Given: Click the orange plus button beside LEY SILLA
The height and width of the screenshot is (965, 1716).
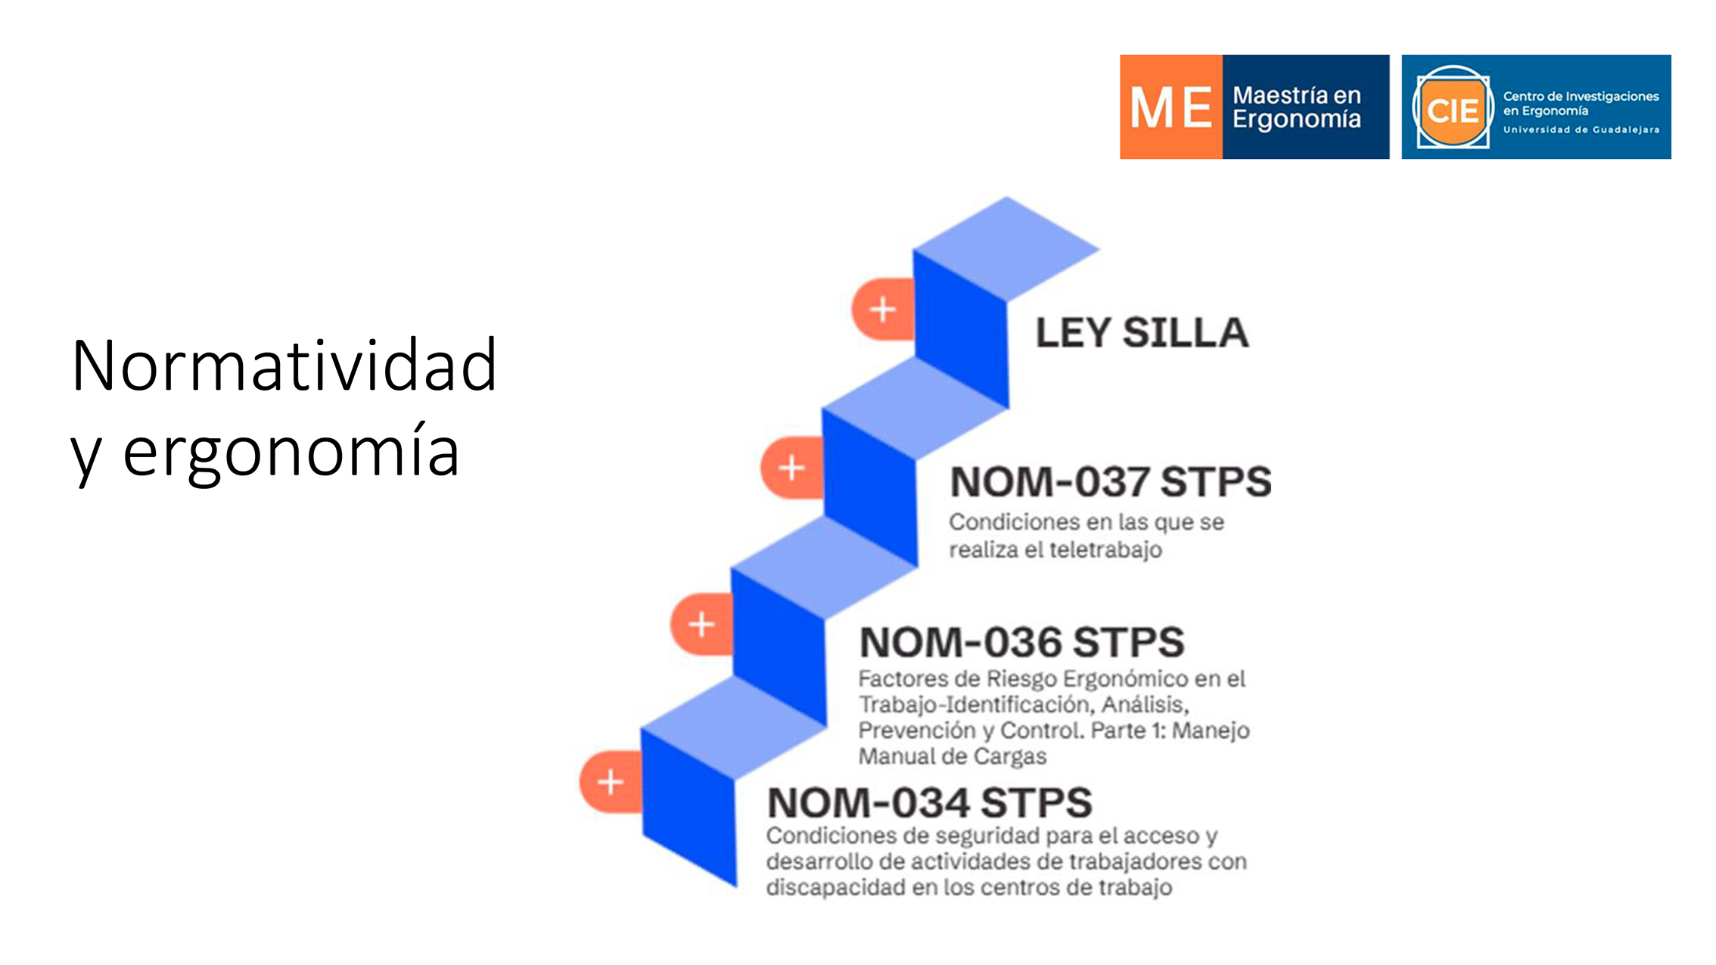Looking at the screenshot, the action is [x=883, y=310].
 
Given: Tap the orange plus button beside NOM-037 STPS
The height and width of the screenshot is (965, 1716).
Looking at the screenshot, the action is [x=792, y=468].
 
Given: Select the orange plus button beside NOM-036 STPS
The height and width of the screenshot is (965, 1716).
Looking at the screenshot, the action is [x=701, y=624].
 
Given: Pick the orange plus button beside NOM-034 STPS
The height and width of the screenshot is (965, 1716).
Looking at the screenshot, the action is [x=611, y=782].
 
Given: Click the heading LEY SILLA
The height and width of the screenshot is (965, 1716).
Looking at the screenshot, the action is [x=1142, y=333].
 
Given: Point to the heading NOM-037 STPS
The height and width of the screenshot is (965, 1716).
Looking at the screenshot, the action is [x=1111, y=482].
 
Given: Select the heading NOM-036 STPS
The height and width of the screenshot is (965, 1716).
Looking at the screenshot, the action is [x=1021, y=643].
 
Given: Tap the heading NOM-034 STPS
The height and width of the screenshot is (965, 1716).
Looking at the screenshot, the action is [x=930, y=803].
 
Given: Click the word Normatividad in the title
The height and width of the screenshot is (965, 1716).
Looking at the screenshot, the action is [x=284, y=366].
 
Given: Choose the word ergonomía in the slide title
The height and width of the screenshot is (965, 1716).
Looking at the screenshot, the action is [x=291, y=453].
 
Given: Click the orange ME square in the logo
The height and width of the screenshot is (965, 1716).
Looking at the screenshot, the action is [x=1171, y=107].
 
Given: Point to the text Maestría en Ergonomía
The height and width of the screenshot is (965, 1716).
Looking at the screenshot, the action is [x=1297, y=107].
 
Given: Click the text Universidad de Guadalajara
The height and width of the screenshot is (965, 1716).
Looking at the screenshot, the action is [x=1581, y=130].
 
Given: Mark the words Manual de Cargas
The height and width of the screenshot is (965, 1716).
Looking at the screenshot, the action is [x=953, y=757].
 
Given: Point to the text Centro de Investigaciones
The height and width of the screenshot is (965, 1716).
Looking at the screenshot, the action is [x=1581, y=97].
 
